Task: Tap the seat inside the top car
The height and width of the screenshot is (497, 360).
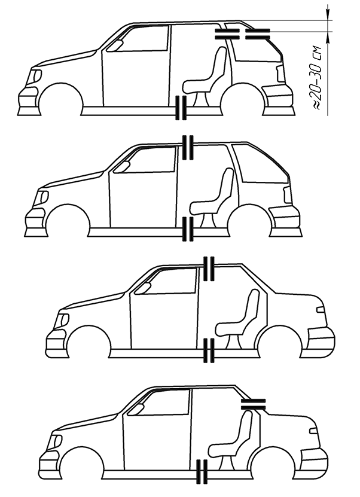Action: [208, 75]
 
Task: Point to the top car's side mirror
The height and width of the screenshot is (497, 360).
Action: [117, 45]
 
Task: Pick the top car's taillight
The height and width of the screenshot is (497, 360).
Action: [279, 72]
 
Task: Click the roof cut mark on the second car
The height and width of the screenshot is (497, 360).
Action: [188, 147]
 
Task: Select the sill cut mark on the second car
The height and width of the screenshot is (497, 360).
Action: [188, 230]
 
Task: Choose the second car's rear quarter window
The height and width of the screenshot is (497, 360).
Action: [259, 164]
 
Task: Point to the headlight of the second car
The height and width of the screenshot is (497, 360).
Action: [43, 197]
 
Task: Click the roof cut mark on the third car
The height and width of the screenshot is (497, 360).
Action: [209, 269]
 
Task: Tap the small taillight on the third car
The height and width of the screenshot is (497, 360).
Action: [321, 310]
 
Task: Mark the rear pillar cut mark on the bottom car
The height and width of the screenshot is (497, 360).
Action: [254, 403]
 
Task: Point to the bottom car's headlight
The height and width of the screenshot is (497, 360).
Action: [57, 441]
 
